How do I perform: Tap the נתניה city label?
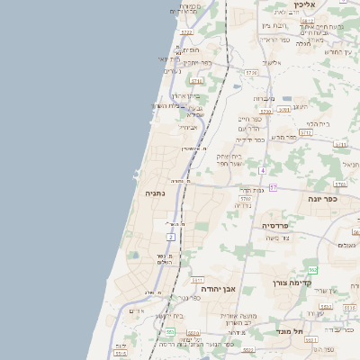154,193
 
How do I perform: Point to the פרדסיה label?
274,225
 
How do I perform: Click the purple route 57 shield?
274,186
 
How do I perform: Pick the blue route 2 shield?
170,237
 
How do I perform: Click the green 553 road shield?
170,332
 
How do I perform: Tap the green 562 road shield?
312,270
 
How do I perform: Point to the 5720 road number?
251,72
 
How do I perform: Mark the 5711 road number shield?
197,280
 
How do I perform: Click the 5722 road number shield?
186,32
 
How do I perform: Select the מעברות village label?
263,98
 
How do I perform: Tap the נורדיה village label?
241,204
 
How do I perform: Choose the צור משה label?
278,238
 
